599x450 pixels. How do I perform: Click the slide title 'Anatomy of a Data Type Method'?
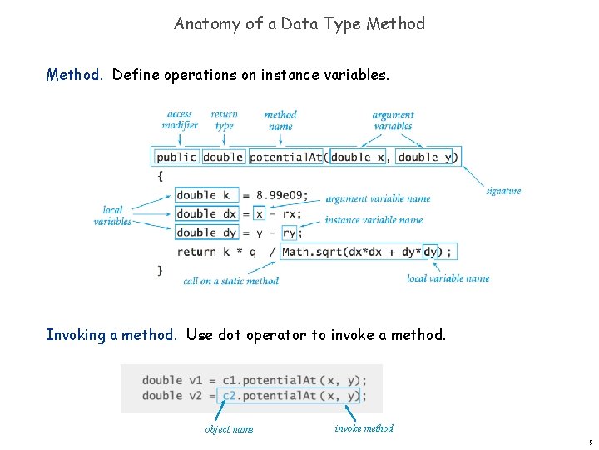(299, 23)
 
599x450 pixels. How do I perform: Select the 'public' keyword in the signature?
(176, 157)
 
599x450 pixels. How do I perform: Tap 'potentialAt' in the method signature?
(285, 157)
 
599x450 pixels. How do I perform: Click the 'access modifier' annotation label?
(180, 120)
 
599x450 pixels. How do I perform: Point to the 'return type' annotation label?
(224, 120)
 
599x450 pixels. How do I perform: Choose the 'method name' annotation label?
(280, 120)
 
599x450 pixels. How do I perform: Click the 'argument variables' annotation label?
(393, 120)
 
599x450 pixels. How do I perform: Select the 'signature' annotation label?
(503, 191)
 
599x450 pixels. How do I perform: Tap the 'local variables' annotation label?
(112, 216)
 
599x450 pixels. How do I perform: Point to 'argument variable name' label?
(378, 199)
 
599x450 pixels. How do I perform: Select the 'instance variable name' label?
(374, 220)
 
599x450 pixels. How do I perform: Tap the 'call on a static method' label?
(230, 281)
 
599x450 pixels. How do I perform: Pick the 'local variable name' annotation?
(448, 278)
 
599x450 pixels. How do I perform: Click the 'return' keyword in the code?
(196, 252)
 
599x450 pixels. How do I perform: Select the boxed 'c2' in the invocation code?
(230, 396)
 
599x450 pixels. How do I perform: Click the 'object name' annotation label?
(229, 429)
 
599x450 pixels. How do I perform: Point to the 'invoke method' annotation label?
(364, 428)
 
